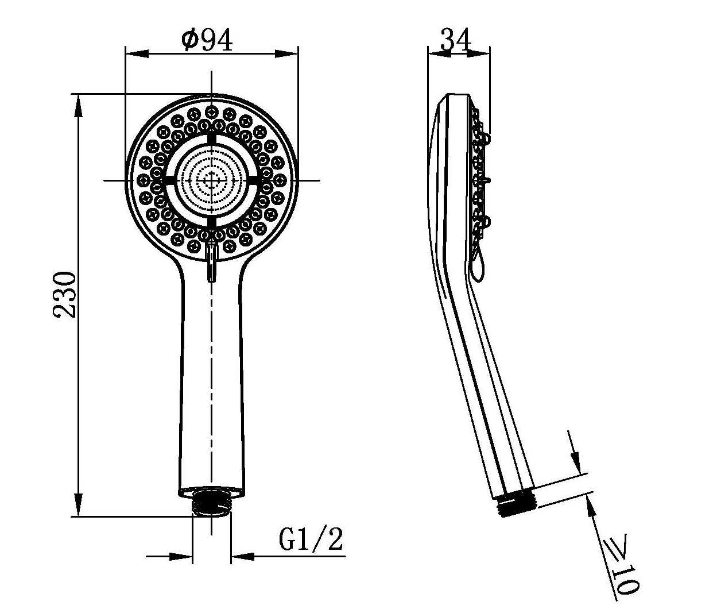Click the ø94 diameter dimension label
tap(207, 40)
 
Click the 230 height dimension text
tap(64, 295)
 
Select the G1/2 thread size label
tap(311, 539)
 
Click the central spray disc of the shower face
tap(211, 180)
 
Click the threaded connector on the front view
tap(212, 502)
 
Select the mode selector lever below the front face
tap(212, 261)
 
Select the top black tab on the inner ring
tap(212, 138)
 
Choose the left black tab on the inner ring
tap(169, 180)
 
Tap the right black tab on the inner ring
tap(254, 180)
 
